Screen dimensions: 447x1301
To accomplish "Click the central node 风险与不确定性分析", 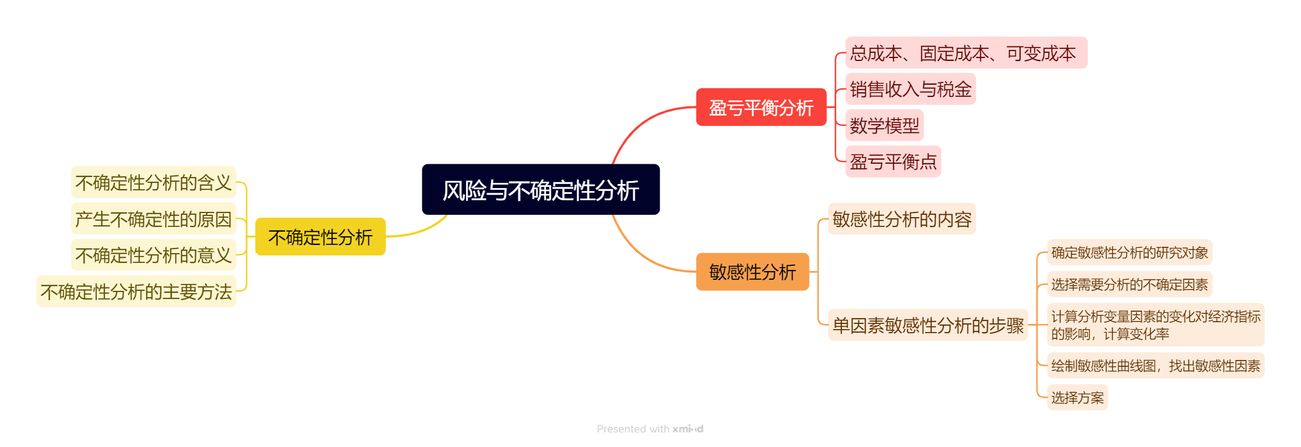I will (x=540, y=190).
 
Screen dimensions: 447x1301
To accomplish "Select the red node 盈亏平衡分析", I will (x=761, y=107).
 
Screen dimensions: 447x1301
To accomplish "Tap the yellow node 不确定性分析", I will (x=320, y=237).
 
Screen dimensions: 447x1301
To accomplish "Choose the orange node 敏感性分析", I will (x=752, y=272).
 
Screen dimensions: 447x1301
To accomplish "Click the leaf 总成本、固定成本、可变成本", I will (x=966, y=53).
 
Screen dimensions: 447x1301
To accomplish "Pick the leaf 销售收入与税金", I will (x=910, y=89).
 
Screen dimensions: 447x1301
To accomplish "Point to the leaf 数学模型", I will (x=884, y=125).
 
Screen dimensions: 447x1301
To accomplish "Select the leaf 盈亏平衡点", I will (x=892, y=161).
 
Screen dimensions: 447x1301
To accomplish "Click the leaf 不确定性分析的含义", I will (x=153, y=183).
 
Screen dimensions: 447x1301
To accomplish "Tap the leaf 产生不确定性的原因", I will (x=153, y=219).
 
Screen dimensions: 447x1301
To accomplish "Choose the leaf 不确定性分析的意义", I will (x=153, y=255).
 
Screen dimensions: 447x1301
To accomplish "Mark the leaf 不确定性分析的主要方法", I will (x=136, y=291).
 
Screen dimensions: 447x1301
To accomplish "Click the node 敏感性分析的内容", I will (x=901, y=219).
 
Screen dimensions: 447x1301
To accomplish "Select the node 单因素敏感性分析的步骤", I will (x=927, y=325).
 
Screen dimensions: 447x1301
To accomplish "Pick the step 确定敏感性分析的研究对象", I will (x=1129, y=253).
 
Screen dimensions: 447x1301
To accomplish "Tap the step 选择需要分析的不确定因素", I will (x=1129, y=284).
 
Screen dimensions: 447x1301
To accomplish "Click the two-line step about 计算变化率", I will (x=1155, y=325).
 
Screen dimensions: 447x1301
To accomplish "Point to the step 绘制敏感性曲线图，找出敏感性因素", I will (x=1155, y=366).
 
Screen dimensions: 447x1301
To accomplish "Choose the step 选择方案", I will (x=1077, y=398).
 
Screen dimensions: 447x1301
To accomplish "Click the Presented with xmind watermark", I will (x=650, y=429).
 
